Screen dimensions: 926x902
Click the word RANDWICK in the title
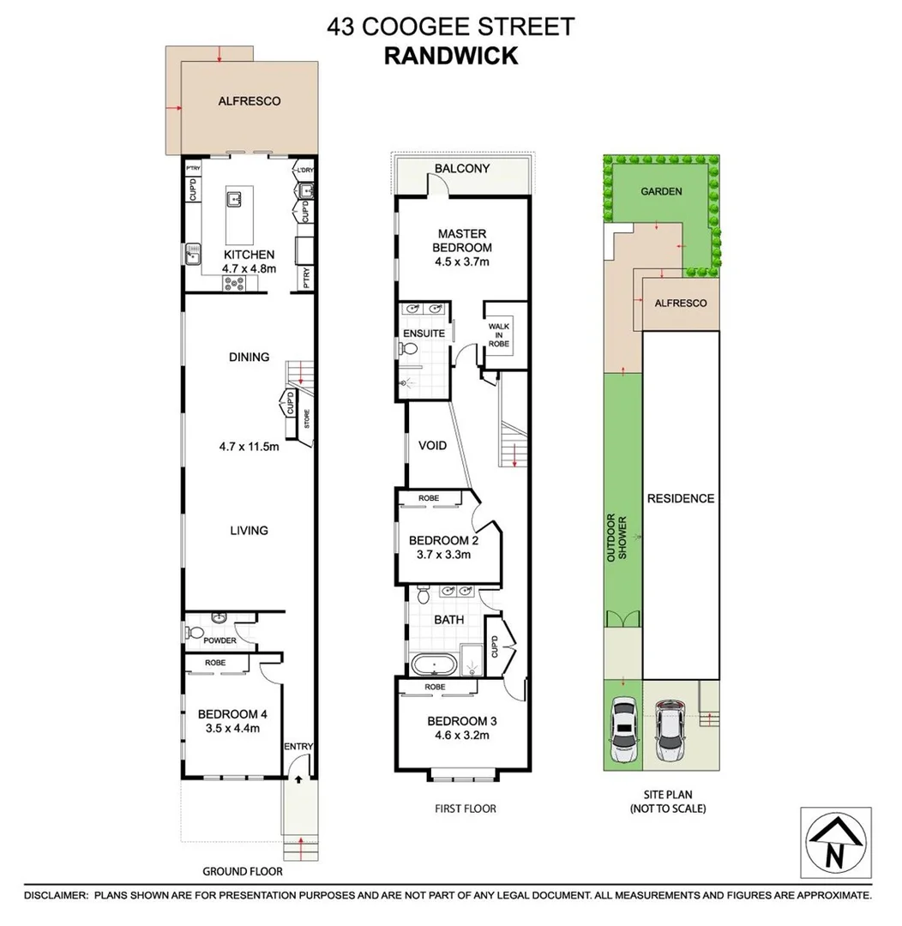[450, 56]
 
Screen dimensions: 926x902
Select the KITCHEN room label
[249, 255]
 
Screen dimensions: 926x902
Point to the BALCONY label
[462, 168]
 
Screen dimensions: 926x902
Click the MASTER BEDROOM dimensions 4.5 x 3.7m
[463, 262]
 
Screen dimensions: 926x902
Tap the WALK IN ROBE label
[499, 334]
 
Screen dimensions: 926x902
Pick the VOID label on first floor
[432, 446]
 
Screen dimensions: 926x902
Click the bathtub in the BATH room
[432, 664]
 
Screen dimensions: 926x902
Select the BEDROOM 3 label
[462, 721]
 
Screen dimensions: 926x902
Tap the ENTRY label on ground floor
[299, 747]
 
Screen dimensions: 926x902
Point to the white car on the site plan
[625, 730]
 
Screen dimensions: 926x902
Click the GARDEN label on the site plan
[662, 192]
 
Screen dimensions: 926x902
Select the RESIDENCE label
[680, 498]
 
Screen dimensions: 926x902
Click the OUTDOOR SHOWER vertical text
[616, 538]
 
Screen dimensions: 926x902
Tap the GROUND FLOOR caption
[242, 871]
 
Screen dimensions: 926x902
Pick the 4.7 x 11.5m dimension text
[249, 446]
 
